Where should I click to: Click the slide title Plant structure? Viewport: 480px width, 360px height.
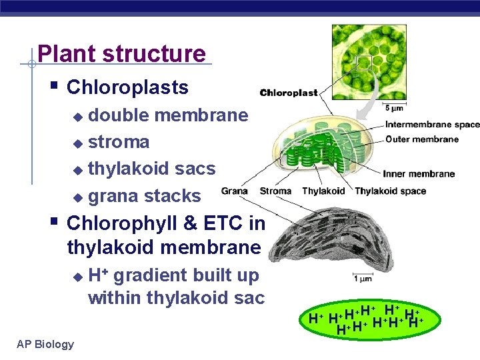pos(122,53)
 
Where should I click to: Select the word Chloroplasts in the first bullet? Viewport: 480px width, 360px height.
pos(128,87)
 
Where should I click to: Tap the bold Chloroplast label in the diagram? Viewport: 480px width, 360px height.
pos(289,93)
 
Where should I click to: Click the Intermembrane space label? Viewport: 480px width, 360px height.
pos(432,125)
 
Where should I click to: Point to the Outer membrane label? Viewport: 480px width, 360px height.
pos(422,139)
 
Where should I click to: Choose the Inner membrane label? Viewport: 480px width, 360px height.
pos(419,174)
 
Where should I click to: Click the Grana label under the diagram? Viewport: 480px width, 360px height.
pos(235,191)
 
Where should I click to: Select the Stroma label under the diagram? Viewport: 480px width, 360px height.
pos(275,191)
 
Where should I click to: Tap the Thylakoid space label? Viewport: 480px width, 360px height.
pos(390,191)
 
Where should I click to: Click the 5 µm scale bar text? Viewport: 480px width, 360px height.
pos(394,107)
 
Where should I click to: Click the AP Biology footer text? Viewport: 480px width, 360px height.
pos(45,344)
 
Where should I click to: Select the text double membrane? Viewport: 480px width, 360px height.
pos(168,115)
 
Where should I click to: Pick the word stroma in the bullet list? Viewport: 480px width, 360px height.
pos(119,142)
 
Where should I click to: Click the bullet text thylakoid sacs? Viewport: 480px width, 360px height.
pos(151,169)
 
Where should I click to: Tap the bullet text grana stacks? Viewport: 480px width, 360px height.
pos(144,196)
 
